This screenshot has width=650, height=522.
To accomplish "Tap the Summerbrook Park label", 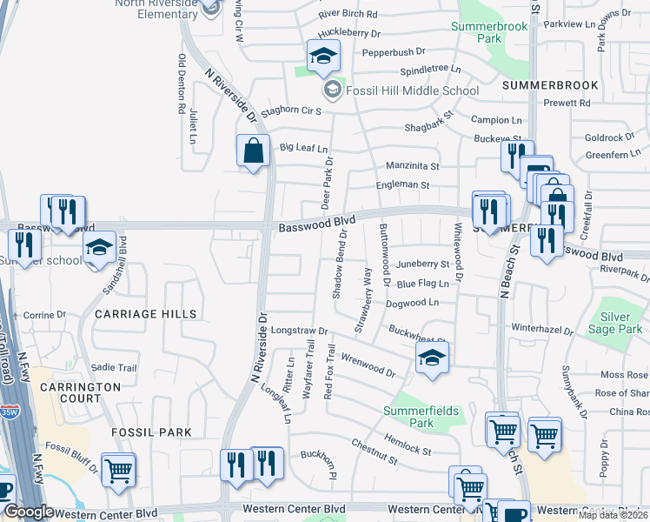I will pos(489,33).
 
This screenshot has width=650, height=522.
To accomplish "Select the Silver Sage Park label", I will pos(615,324).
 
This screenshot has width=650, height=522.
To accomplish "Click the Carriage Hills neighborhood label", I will pos(146,313).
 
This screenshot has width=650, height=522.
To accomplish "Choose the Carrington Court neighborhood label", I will pos(80,392).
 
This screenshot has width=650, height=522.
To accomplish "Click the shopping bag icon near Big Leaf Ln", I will pos(252,151).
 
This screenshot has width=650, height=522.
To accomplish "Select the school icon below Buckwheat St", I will pos(432,358).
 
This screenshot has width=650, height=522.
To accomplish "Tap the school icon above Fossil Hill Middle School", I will pos(322,57).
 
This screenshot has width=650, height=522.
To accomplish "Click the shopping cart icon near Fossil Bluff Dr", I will pos(118,471).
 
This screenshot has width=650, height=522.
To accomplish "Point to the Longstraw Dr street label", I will pos(298,331).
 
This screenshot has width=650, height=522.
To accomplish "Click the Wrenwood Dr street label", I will pos(368,366).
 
